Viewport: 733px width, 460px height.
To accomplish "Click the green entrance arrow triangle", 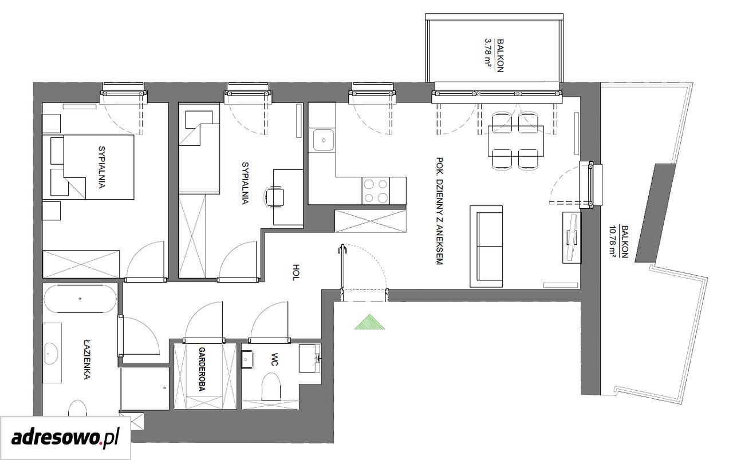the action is tap(369, 322).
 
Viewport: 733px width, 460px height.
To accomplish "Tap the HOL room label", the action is tap(295, 272).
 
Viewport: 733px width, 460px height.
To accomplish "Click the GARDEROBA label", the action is tap(202, 370).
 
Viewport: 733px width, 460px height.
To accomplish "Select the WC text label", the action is tap(274, 359).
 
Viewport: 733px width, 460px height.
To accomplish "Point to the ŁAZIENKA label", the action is tap(86, 360).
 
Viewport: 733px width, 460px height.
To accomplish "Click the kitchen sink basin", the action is tap(324, 140).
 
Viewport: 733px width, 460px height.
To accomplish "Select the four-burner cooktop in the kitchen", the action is tap(376, 191).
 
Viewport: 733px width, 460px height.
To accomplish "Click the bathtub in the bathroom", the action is tap(80, 299).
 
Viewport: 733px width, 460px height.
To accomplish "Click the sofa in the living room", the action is tap(486, 246).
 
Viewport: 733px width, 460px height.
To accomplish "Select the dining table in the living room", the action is tap(516, 141).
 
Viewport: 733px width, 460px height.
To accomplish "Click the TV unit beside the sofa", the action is tap(572, 237).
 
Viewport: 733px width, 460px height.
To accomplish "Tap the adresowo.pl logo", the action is tap(65, 438).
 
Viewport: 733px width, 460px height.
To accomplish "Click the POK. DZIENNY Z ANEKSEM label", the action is tap(439, 211).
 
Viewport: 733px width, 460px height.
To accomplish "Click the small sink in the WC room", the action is tap(248, 359).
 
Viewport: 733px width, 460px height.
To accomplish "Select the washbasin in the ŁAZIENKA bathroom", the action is tap(51, 353).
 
